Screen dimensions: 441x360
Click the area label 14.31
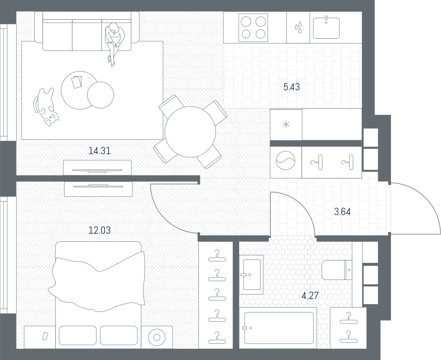[x=99, y=151]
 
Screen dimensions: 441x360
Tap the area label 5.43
[x=292, y=87]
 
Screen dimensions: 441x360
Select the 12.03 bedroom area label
[x=99, y=230]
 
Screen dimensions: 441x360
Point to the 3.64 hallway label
[x=343, y=212]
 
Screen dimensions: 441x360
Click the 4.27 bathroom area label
[x=310, y=296]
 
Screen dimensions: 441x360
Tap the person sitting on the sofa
[x=114, y=44]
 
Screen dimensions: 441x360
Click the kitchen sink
[x=326, y=28]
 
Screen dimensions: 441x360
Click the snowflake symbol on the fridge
[x=286, y=125]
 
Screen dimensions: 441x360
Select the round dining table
[x=191, y=132]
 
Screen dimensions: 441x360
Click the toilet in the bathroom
[x=336, y=270]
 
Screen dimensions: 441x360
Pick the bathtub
[x=279, y=328]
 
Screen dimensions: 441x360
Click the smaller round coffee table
[x=100, y=95]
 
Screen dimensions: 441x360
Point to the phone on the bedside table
[x=45, y=336]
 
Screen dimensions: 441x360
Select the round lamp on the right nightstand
[x=157, y=337]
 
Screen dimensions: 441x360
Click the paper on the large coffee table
[x=76, y=82]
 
